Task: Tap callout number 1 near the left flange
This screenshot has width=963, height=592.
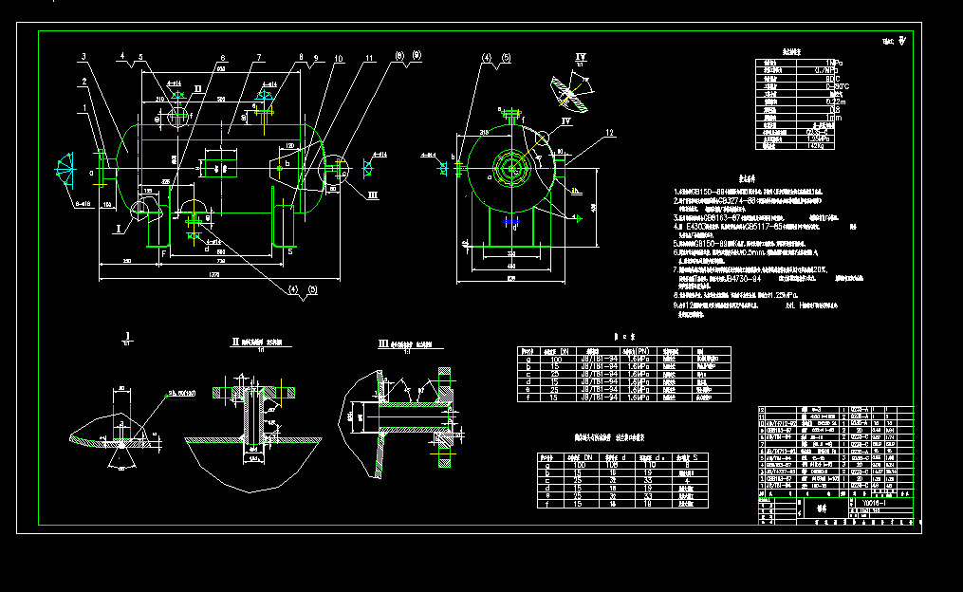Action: click(84, 107)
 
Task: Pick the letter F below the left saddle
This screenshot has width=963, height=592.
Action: click(162, 254)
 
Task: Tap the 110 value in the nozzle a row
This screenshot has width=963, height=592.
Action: click(651, 466)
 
